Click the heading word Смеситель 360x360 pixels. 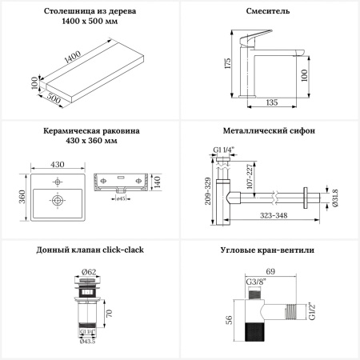click(x=267, y=11)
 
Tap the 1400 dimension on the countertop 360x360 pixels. click(x=73, y=57)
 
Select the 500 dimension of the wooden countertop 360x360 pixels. click(x=54, y=98)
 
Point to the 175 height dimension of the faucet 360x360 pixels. click(x=228, y=63)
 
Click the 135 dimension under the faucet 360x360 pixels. click(x=272, y=102)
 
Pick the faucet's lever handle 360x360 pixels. click(x=255, y=38)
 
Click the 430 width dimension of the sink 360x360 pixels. click(x=58, y=164)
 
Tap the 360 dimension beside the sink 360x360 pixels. click(x=22, y=197)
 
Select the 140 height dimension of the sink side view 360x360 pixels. click(x=157, y=182)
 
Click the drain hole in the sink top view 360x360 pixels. click(x=58, y=200)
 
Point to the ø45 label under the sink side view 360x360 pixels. click(x=121, y=198)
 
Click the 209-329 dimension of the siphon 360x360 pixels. click(x=208, y=191)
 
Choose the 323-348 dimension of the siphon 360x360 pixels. click(x=274, y=215)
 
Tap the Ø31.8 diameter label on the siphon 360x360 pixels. click(x=335, y=198)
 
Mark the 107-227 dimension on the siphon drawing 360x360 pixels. click(x=250, y=176)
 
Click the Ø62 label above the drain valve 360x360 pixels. click(x=88, y=272)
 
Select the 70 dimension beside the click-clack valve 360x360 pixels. click(x=109, y=313)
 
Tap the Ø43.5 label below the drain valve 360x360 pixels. click(x=87, y=342)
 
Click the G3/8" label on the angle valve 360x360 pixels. click(x=256, y=282)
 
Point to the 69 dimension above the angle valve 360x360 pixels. click(x=270, y=271)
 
